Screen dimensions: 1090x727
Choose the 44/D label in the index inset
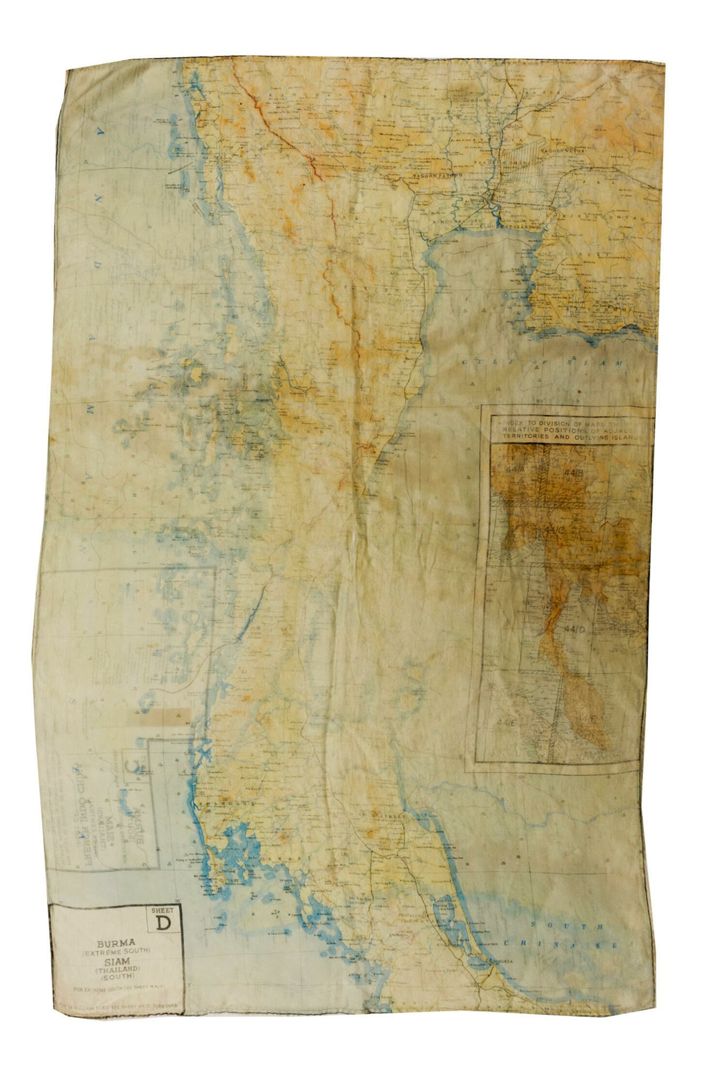click(576, 629)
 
